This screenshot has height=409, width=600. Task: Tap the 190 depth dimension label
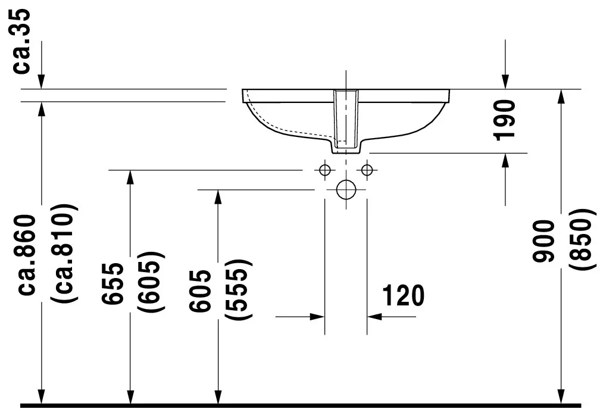point(505,120)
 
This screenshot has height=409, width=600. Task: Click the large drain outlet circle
point(345,190)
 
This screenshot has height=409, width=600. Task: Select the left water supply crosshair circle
point(324,170)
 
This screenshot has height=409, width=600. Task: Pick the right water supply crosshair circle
point(367,170)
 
